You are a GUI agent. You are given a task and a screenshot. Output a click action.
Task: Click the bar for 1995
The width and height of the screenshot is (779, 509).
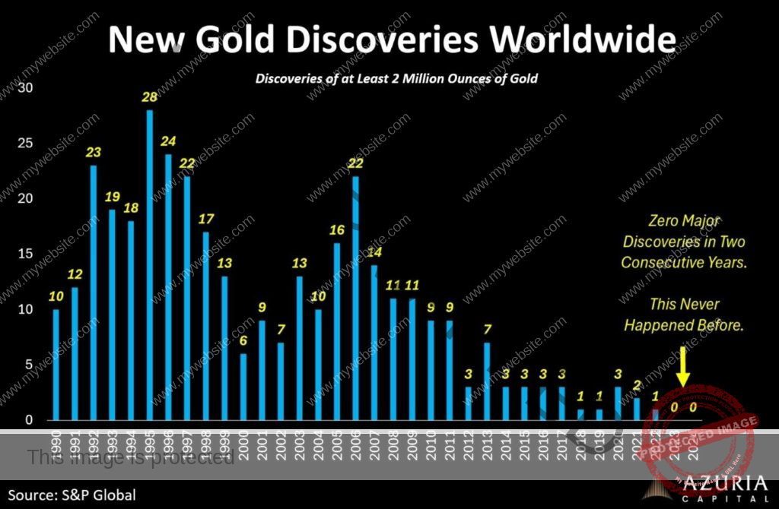(x=150, y=265)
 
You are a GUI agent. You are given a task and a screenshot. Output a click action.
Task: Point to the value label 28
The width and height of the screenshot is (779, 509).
(x=150, y=98)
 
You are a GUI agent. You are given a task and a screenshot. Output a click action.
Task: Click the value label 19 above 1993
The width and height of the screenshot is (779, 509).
(x=113, y=198)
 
